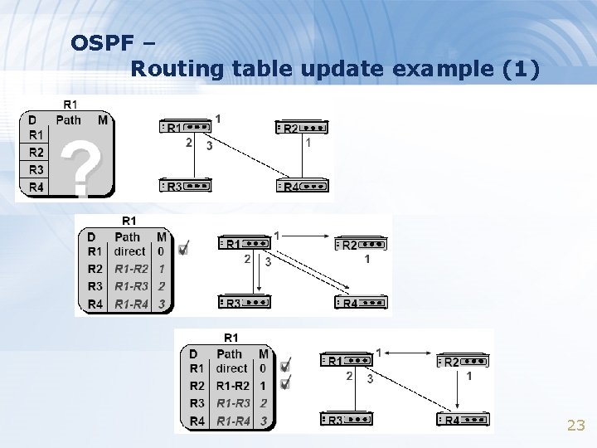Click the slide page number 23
[x=575, y=426]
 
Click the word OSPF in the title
[x=99, y=42]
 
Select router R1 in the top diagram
[x=185, y=128]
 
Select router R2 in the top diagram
[x=302, y=128]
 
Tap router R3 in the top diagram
[x=185, y=187]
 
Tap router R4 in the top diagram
[x=302, y=187]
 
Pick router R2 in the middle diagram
[x=361, y=245]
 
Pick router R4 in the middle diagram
[x=361, y=303]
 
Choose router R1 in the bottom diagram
[x=346, y=361]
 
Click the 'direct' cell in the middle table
[x=129, y=251]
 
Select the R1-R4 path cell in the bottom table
[x=233, y=421]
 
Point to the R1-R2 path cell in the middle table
[x=130, y=269]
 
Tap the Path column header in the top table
[x=69, y=119]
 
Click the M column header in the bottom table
[x=263, y=354]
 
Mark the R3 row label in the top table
[x=36, y=169]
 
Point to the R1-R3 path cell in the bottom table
[x=233, y=403]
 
